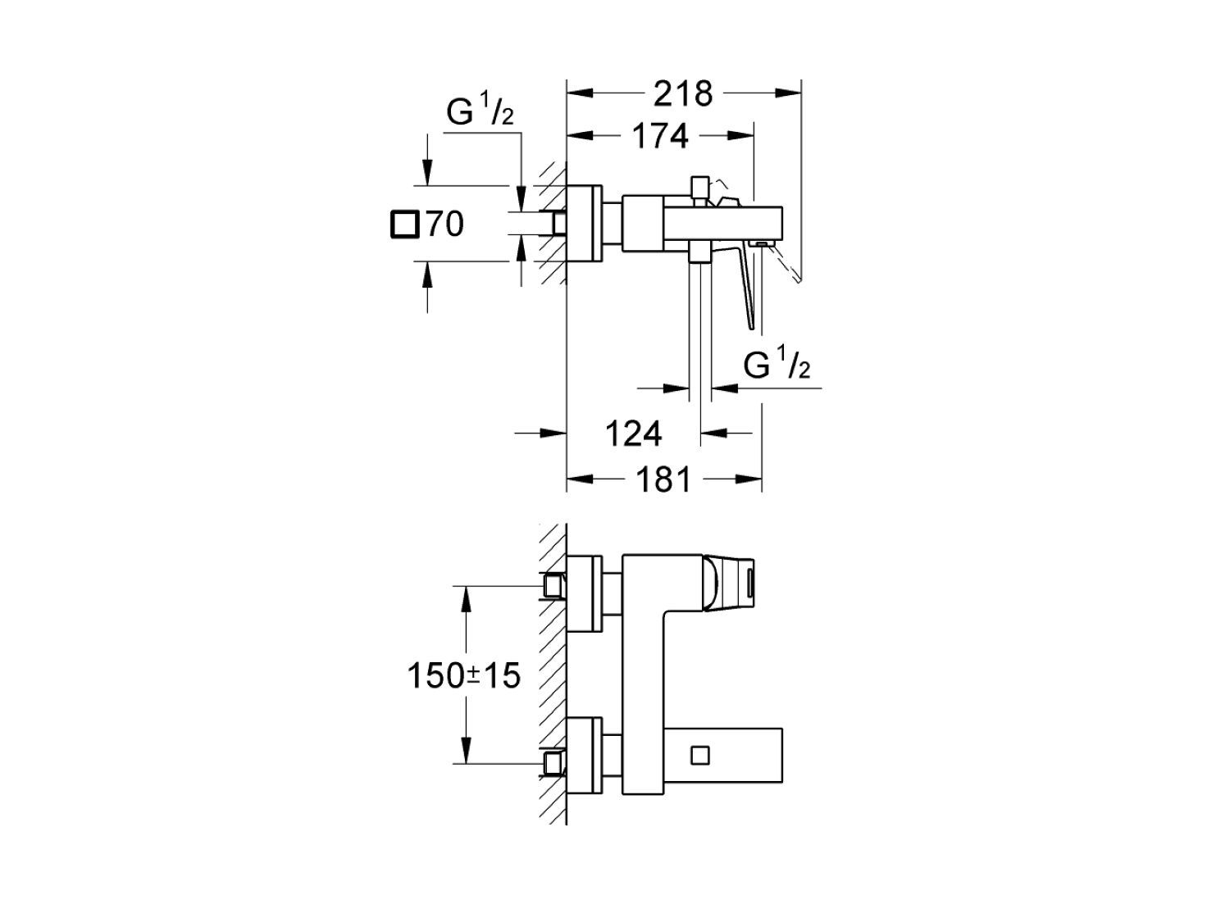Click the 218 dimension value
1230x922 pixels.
(682, 93)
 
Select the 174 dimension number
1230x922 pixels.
(660, 136)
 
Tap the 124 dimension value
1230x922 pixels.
(634, 434)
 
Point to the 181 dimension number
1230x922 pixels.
(664, 479)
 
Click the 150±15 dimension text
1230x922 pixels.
(463, 675)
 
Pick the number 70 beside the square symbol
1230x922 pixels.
(445, 225)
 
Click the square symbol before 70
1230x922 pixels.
(404, 225)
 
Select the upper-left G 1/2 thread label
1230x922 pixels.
(480, 113)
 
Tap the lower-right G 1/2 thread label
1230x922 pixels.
(777, 366)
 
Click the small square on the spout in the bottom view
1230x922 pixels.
(700, 756)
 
